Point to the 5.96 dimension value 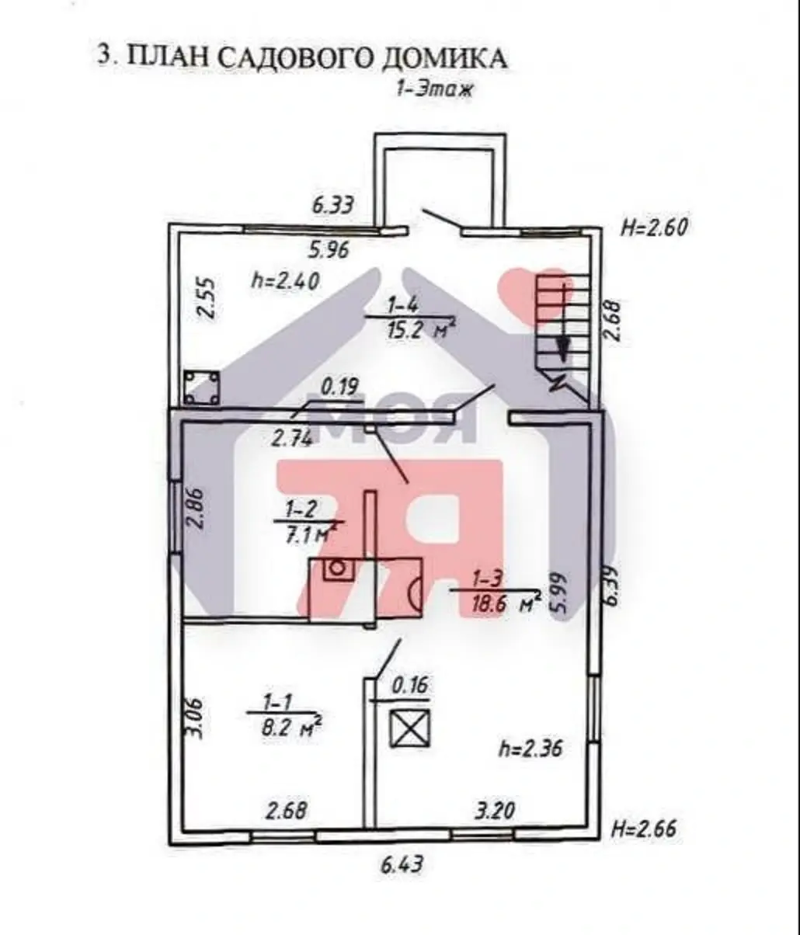[x=330, y=250]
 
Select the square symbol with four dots [x=201, y=388]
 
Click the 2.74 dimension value [x=292, y=438]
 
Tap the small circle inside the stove [x=337, y=568]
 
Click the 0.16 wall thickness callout [x=410, y=686]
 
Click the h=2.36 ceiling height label [x=530, y=749]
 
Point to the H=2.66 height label [x=643, y=828]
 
